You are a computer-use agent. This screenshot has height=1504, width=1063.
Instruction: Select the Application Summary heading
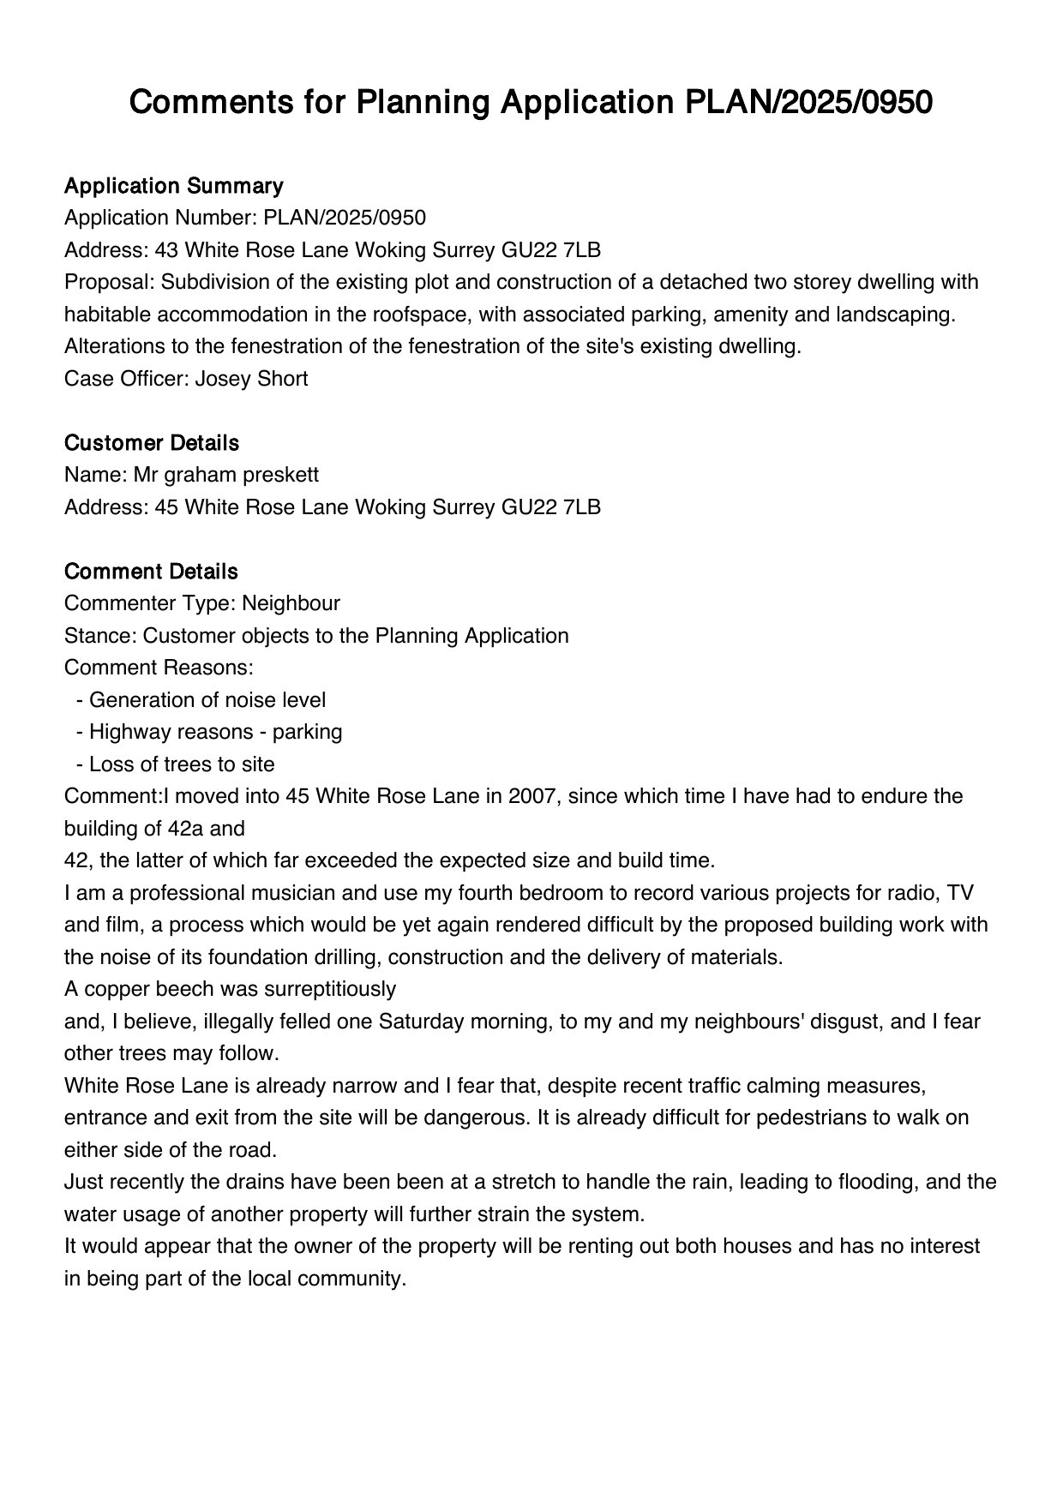point(173,186)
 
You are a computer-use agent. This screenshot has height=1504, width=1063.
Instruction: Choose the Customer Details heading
point(151,443)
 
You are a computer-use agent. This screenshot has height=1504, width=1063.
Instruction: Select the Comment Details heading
point(151,572)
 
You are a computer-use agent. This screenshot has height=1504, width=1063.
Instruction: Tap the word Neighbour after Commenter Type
point(291,603)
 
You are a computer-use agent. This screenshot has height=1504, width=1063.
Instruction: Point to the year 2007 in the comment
point(531,796)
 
